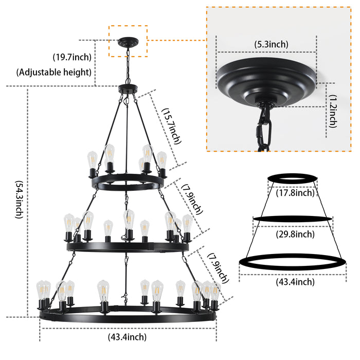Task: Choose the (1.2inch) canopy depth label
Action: pos(333,111)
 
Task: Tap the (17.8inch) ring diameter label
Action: pos(292,193)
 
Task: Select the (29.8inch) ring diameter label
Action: pos(292,235)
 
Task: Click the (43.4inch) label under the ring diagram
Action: pos(292,281)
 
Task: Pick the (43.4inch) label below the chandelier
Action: pos(127,337)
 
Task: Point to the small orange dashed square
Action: pos(128,41)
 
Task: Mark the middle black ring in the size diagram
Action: pos(292,219)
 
